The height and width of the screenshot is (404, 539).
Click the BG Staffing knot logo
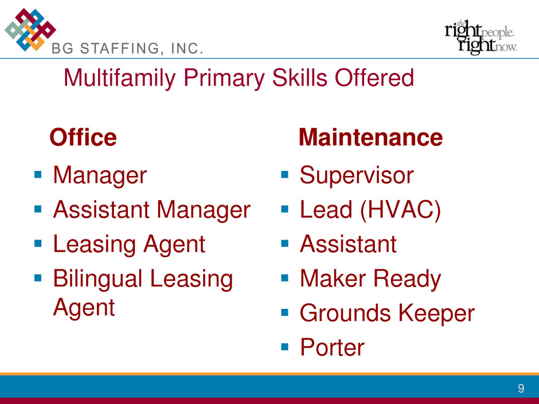[30, 30]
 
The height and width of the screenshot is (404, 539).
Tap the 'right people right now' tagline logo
[481, 37]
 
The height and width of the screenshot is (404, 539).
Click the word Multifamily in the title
[120, 78]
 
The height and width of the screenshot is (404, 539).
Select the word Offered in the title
[374, 77]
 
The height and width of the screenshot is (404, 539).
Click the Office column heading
[83, 137]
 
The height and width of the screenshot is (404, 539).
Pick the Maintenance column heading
[370, 138]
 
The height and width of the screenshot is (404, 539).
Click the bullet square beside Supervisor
[284, 175]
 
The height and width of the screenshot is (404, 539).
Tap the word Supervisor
[357, 176]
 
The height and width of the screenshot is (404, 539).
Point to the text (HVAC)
[400, 210]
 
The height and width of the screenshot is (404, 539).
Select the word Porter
[332, 347]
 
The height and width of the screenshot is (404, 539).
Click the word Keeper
[436, 313]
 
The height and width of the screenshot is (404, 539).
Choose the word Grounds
[345, 313]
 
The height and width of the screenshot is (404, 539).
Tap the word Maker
[333, 279]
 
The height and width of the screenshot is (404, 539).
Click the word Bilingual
[97, 279]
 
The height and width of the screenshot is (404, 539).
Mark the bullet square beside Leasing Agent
[38, 244]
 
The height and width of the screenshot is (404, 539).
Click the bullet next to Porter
[284, 346]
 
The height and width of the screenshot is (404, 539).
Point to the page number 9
[521, 388]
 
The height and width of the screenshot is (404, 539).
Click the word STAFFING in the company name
[120, 49]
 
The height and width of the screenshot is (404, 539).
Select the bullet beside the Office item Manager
[38, 175]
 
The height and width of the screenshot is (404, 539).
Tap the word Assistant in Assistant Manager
[101, 210]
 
